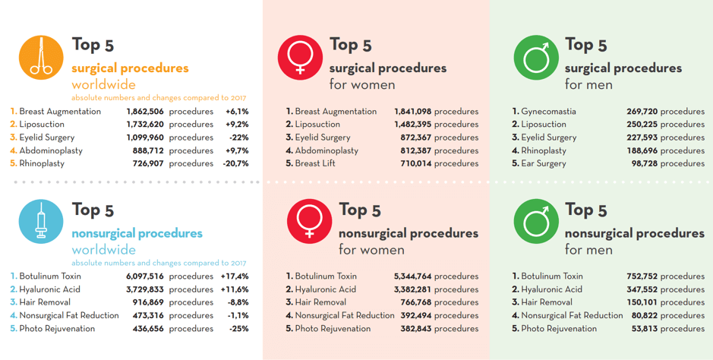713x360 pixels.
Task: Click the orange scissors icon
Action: point(41,58)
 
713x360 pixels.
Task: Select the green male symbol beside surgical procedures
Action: point(536,58)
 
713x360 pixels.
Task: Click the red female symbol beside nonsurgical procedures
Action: point(309,222)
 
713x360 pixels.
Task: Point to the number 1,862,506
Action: point(145,112)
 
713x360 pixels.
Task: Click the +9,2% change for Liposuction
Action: point(237,125)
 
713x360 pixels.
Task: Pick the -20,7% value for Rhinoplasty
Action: point(235,163)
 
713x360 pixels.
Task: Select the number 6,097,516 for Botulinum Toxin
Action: point(145,276)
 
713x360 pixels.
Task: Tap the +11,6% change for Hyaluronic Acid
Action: point(235,289)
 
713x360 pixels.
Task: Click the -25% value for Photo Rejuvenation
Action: point(239,329)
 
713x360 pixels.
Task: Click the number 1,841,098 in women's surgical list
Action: point(412,112)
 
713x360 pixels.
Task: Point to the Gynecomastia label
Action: point(548,112)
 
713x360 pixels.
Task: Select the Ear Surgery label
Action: point(543,163)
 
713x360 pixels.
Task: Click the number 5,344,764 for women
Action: point(412,276)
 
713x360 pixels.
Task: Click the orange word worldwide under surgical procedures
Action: point(103,84)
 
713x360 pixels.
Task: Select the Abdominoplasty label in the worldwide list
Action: point(51,150)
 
